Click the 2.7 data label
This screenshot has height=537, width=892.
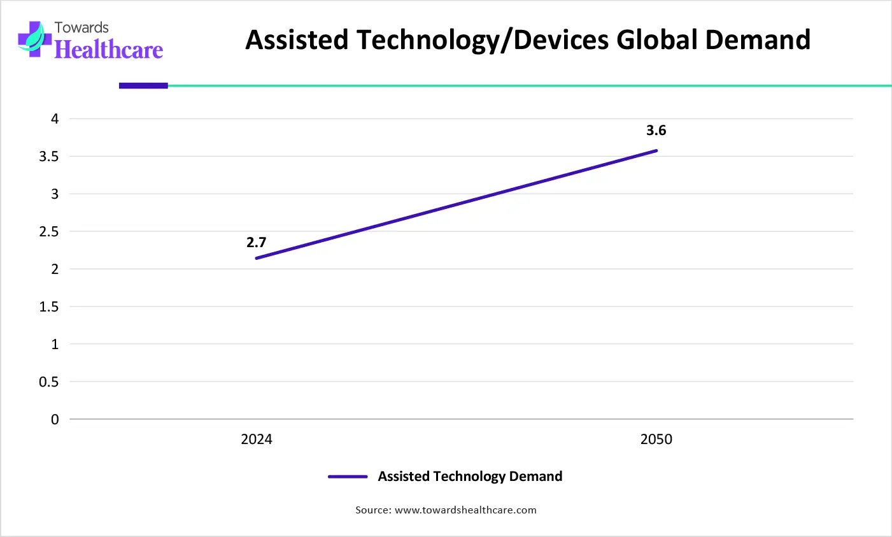(x=256, y=243)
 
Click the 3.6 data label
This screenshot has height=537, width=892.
(x=656, y=131)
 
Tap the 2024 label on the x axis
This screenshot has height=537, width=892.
(x=257, y=440)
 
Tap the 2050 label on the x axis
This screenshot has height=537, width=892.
(x=656, y=440)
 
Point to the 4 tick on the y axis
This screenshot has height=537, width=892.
(x=55, y=119)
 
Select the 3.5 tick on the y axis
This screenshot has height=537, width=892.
(x=49, y=157)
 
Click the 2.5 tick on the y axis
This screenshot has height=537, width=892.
(x=49, y=232)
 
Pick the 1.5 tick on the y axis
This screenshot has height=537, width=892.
(x=49, y=307)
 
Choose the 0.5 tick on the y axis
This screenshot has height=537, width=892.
(x=49, y=382)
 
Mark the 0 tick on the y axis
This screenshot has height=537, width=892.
(x=55, y=420)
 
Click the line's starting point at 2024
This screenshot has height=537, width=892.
(x=257, y=258)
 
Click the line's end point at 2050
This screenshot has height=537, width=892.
(x=656, y=150)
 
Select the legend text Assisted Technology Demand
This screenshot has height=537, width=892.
(x=470, y=476)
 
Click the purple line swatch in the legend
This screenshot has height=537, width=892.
(x=348, y=476)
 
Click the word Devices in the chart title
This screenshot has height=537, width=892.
(x=562, y=39)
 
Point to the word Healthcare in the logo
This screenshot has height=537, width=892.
(x=109, y=50)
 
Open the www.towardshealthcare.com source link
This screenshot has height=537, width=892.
(x=465, y=510)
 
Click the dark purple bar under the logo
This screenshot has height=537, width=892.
(x=143, y=85)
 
